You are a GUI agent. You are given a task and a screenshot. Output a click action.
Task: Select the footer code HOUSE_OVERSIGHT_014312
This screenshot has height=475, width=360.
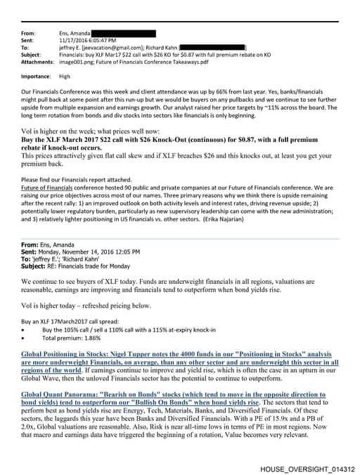[307, 469]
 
